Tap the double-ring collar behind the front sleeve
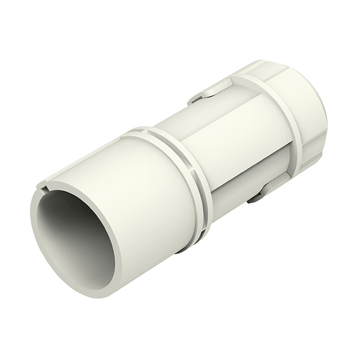(186, 169)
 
